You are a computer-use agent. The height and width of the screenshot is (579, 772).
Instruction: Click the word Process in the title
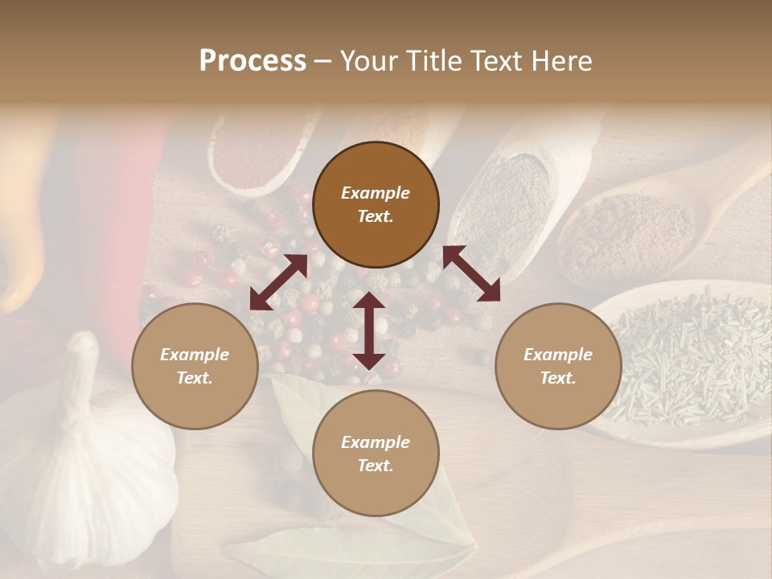253,61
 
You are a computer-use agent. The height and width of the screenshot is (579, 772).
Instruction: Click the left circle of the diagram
195,366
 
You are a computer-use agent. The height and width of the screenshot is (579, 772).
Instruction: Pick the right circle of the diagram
557,366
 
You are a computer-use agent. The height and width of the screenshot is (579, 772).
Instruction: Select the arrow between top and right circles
471,273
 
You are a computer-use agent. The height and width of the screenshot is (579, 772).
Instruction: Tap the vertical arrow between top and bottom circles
369,331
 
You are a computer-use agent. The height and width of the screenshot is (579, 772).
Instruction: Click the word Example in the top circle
376,193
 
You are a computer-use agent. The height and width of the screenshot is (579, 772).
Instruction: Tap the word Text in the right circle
557,378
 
